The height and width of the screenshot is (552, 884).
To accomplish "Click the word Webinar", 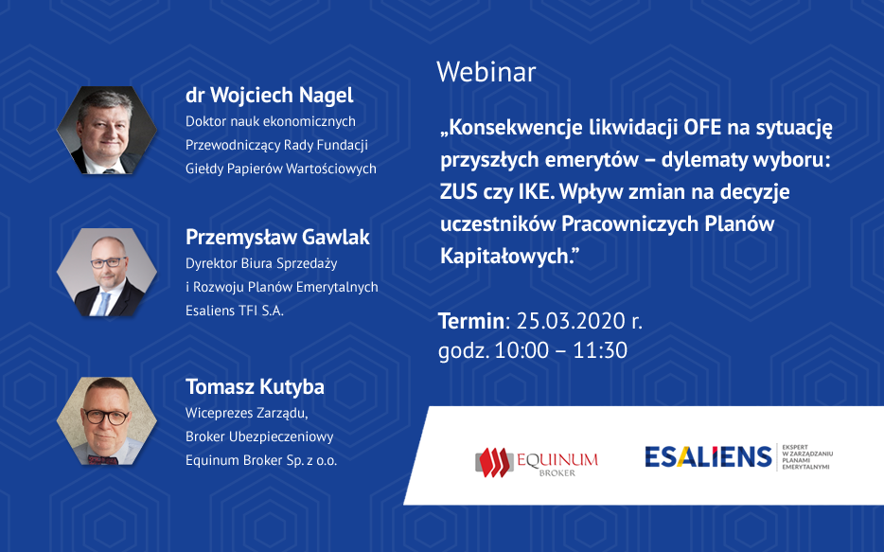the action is click(486, 72).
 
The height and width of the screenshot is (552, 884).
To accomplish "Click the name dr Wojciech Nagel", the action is click(270, 96).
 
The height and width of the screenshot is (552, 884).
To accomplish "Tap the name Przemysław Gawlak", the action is click(277, 238).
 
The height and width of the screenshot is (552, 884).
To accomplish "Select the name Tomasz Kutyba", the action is click(255, 387).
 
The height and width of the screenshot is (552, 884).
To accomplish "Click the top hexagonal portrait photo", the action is click(107, 131).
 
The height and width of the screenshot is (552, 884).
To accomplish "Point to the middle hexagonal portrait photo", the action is click(107, 273).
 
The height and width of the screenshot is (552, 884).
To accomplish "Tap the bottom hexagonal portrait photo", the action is click(107, 421).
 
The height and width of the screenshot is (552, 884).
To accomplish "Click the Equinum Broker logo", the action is click(536, 462).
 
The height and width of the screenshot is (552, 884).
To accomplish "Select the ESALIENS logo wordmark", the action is click(708, 456).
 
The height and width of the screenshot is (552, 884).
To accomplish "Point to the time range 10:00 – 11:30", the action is click(560, 350).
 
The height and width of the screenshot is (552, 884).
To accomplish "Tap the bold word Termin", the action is click(471, 321).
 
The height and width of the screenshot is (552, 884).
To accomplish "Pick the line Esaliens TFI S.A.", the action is click(235, 311).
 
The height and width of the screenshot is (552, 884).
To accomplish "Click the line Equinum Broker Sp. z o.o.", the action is click(261, 460).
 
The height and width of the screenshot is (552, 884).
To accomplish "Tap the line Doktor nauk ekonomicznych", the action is click(271, 121).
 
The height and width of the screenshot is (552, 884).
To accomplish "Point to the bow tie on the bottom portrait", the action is click(103, 460).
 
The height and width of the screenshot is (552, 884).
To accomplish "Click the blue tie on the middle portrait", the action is click(103, 304).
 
